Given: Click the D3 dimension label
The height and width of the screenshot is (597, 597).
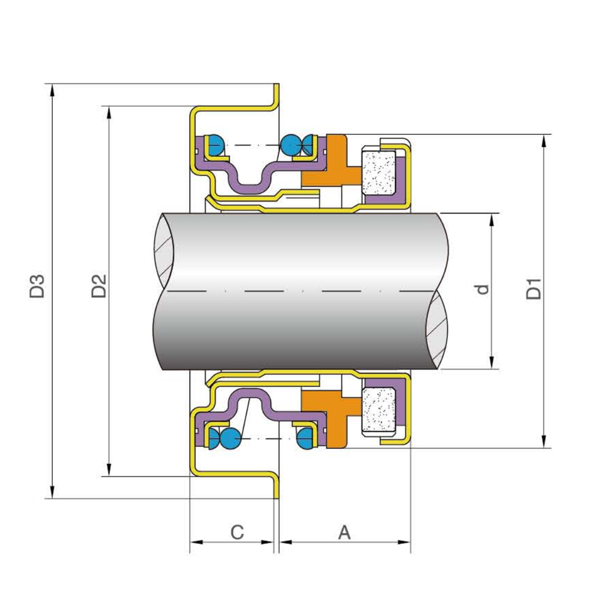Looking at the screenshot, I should [x=38, y=286].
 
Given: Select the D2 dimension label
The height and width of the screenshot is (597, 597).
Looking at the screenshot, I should [x=99, y=286].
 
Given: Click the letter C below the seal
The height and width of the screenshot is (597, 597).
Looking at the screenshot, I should [x=237, y=531].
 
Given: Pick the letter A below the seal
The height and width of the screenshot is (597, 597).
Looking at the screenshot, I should [x=344, y=531].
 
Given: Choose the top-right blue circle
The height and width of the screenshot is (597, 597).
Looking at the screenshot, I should [x=291, y=144].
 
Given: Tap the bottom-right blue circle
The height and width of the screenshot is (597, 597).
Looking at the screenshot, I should [x=306, y=439].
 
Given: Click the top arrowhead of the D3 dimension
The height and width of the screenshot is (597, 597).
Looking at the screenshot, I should [x=53, y=90].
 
